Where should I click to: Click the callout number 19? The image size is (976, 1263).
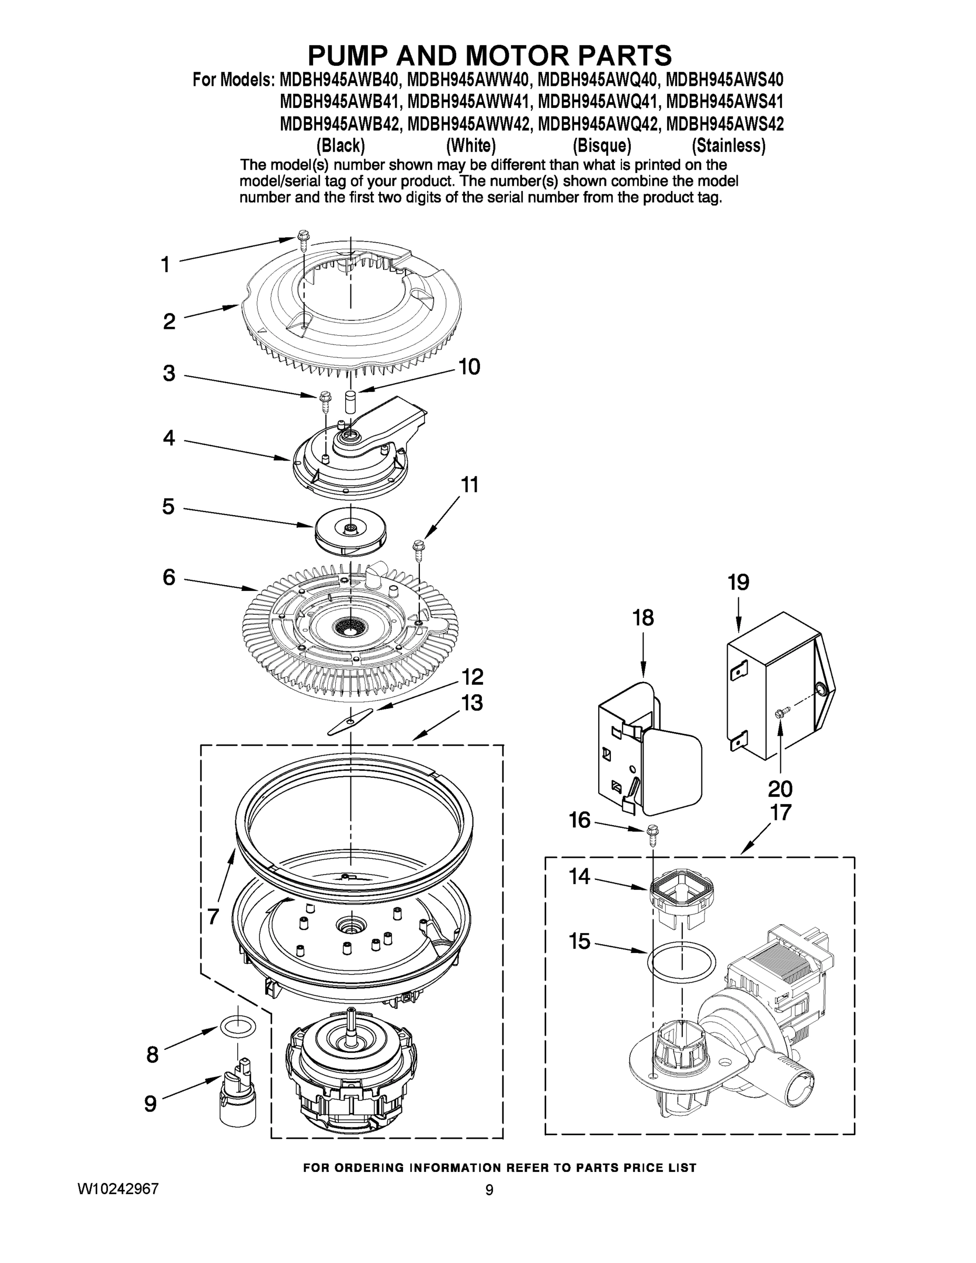[x=738, y=583]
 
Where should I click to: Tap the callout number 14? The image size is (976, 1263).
[x=579, y=876]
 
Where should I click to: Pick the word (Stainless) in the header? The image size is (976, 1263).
[x=728, y=145]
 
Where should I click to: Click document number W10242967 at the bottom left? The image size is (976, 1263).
[x=118, y=1189]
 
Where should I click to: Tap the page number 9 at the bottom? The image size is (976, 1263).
[x=489, y=1190]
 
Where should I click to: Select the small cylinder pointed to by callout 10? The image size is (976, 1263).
[x=350, y=401]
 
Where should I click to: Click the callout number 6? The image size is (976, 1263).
[x=169, y=577]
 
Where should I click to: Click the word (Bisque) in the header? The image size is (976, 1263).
[x=601, y=145]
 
